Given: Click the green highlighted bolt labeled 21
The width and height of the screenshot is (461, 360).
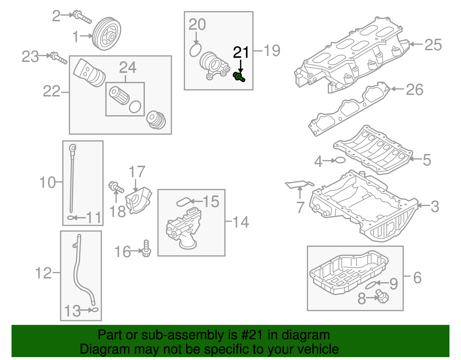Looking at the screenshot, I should pos(239,77).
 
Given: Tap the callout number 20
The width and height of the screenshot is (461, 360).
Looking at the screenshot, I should pos(197,25).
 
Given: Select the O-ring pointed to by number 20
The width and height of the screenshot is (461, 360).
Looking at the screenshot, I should pos(196,50).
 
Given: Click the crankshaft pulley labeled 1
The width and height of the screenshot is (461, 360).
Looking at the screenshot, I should pos(107,34).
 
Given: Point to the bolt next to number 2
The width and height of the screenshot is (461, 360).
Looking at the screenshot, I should pos(82,17).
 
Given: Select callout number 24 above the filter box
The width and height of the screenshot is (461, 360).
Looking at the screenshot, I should pos(127,68).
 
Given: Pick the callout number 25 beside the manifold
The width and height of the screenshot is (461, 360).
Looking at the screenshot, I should pos(433,45).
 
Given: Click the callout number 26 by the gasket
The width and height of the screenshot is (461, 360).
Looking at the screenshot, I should pos(415,90).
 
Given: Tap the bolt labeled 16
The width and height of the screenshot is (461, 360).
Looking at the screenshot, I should pos(146,249).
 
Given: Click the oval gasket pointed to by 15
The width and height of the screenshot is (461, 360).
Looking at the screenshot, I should pos(184,202).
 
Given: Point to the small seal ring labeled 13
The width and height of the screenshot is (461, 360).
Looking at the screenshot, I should pos(94,310).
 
